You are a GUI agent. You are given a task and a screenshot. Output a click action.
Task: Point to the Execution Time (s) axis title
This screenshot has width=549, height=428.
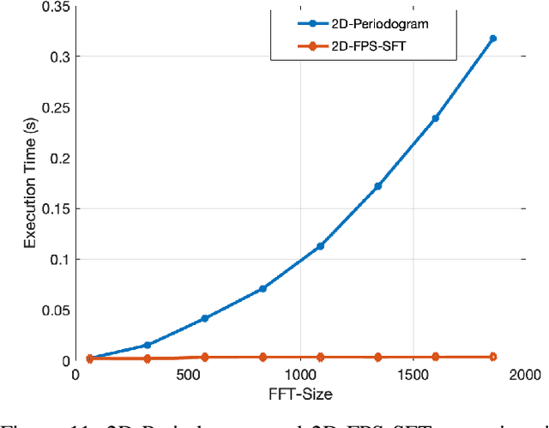29,183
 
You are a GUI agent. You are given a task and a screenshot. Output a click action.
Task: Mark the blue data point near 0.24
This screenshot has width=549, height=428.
435,118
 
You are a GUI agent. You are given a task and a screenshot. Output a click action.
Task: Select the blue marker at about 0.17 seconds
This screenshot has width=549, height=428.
377,186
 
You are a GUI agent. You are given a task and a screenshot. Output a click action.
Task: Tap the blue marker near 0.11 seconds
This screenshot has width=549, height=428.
320,246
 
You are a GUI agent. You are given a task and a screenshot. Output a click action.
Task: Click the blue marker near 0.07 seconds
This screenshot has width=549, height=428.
262,289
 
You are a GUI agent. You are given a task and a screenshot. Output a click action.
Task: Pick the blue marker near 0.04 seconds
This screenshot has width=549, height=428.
204,318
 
